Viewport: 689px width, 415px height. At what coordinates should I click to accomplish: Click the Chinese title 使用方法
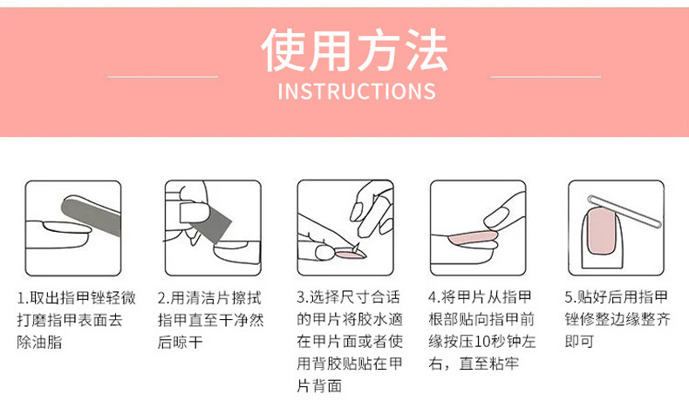coord(355,50)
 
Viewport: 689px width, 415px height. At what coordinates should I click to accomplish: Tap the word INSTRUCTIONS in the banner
coord(356,92)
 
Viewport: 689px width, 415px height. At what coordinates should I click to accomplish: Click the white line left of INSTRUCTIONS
coord(162,77)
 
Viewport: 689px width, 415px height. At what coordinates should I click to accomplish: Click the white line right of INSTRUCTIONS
coord(547,77)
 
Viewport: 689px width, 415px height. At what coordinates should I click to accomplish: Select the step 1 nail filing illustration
coord(72,227)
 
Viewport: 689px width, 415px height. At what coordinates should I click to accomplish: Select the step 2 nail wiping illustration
coord(213,227)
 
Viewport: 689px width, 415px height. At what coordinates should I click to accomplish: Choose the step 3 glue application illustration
coord(345,227)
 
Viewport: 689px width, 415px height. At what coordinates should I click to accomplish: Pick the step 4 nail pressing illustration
coord(476,227)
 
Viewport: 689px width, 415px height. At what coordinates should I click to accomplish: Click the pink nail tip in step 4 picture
coord(471,235)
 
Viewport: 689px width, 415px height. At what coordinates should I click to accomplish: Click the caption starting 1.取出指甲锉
coord(76,320)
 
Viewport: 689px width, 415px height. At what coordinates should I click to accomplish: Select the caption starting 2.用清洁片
coord(210,320)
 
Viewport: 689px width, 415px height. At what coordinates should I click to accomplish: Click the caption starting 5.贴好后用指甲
coord(617,320)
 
